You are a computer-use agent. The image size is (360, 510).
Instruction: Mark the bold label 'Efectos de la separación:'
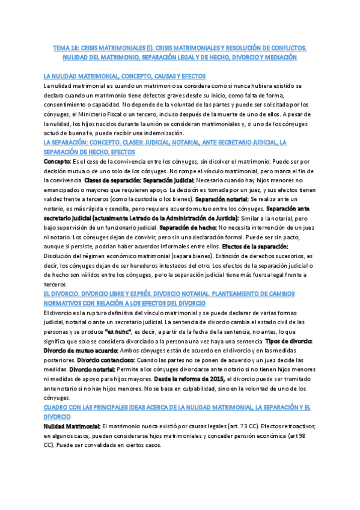pyautogui.click(x=255, y=247)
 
